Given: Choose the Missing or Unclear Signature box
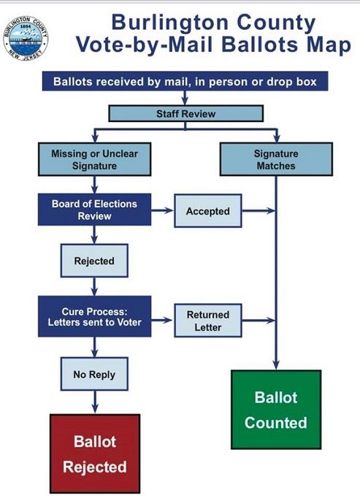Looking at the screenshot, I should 93,160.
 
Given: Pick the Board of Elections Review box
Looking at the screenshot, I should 93,210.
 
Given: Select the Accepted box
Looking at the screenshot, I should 207,211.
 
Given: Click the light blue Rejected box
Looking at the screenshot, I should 93,261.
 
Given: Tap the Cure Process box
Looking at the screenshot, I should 93,316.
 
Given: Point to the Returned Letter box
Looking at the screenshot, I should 207,321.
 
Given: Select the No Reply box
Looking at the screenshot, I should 93,375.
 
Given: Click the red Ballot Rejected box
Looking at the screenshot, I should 94,454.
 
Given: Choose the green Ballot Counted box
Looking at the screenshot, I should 275,410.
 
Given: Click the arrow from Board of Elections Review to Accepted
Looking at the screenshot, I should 162,211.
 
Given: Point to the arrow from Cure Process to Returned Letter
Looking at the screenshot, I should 162,321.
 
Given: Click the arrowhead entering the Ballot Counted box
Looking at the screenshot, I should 276,365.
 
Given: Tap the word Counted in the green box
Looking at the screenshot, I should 275,423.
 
